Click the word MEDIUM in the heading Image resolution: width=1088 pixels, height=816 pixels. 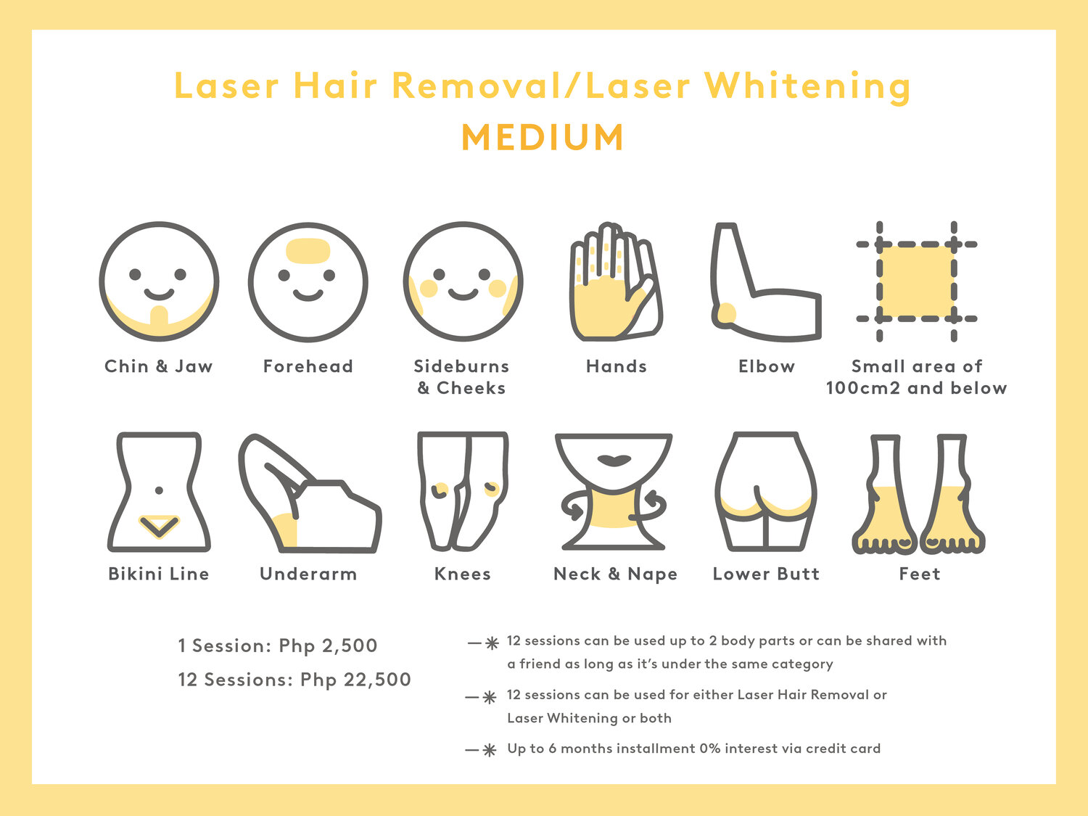(x=543, y=137)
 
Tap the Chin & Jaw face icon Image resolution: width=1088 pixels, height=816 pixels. (x=159, y=281)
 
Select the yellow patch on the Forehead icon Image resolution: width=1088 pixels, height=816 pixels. (x=308, y=251)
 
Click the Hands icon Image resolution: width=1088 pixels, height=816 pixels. (x=616, y=281)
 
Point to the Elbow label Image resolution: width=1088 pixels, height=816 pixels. (x=766, y=366)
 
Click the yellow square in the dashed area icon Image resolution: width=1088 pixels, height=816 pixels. (x=917, y=281)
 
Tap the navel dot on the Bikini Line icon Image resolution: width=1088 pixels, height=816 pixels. (x=159, y=490)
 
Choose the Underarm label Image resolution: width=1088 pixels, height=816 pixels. (x=308, y=574)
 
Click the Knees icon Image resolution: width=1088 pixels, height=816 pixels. (x=463, y=491)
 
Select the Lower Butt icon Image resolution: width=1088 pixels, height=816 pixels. (x=766, y=491)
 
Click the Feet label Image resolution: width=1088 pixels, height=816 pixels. (x=920, y=574)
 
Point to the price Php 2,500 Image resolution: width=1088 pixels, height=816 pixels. (x=328, y=646)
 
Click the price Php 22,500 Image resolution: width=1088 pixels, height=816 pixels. (x=356, y=679)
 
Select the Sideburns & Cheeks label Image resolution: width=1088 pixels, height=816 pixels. (x=461, y=377)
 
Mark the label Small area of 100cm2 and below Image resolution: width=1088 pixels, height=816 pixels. (x=917, y=377)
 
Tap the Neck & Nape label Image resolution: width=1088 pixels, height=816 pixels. (x=615, y=574)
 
